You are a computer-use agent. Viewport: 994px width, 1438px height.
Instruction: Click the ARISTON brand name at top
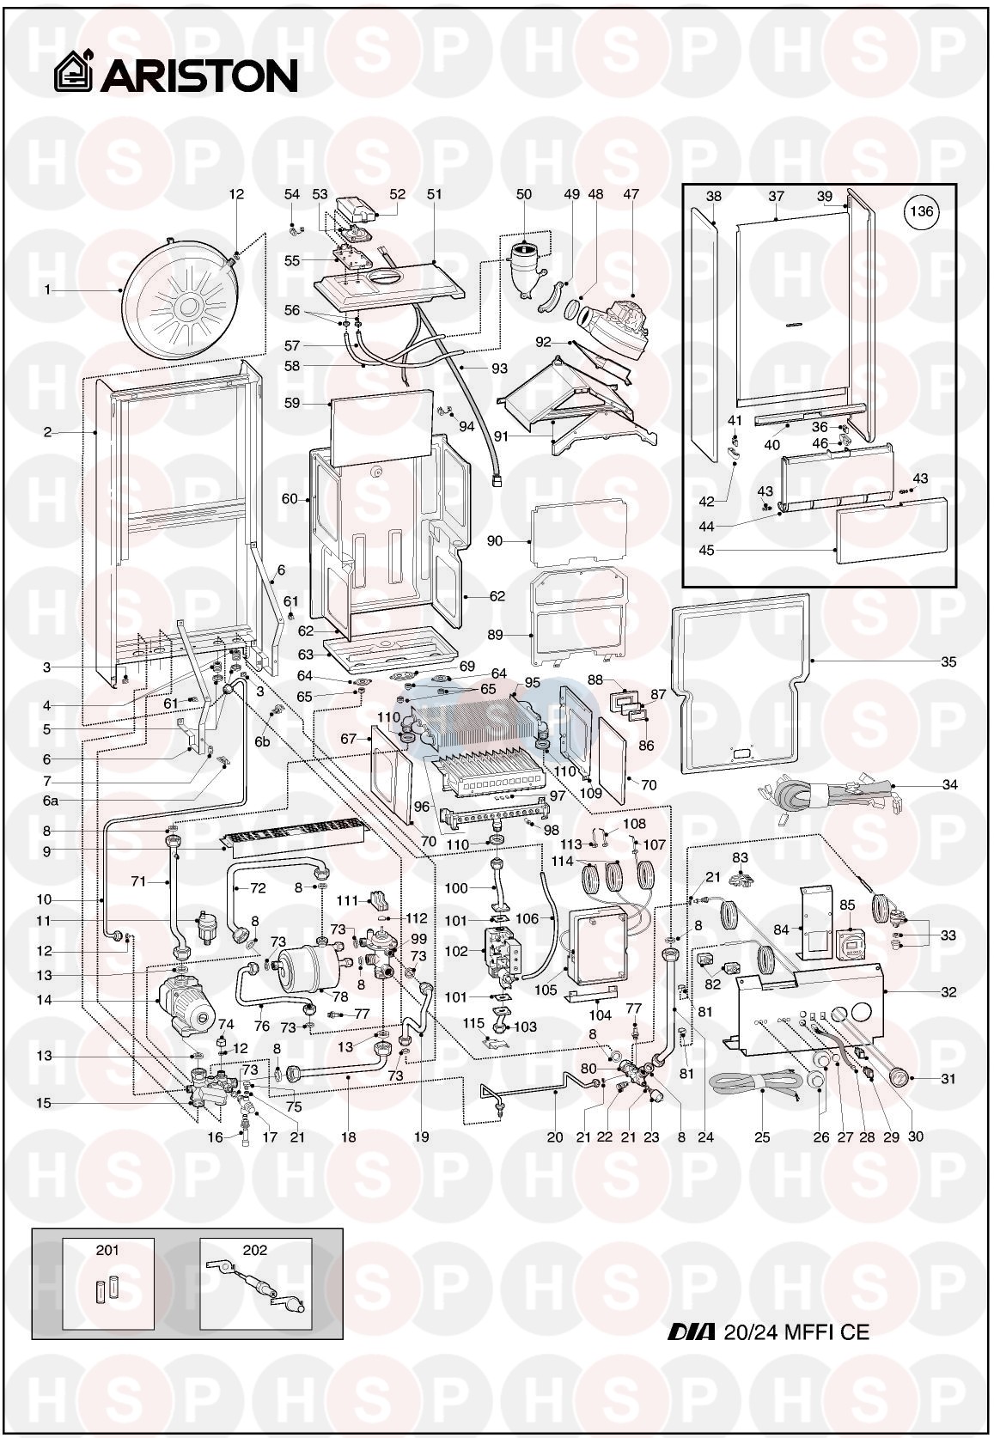(198, 75)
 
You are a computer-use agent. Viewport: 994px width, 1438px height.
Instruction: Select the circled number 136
(922, 211)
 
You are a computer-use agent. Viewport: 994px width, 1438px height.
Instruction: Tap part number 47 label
(631, 194)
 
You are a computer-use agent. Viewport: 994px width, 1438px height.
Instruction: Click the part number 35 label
(948, 661)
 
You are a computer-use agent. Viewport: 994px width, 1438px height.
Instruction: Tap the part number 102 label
(456, 951)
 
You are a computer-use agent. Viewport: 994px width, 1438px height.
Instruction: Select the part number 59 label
(292, 404)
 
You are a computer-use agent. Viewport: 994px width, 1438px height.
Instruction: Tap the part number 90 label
(495, 541)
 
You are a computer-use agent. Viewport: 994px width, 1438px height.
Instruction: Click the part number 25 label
(761, 1136)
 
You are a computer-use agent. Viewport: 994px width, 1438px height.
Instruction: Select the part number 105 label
(546, 990)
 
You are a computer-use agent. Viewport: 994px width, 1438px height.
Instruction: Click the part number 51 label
(435, 194)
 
